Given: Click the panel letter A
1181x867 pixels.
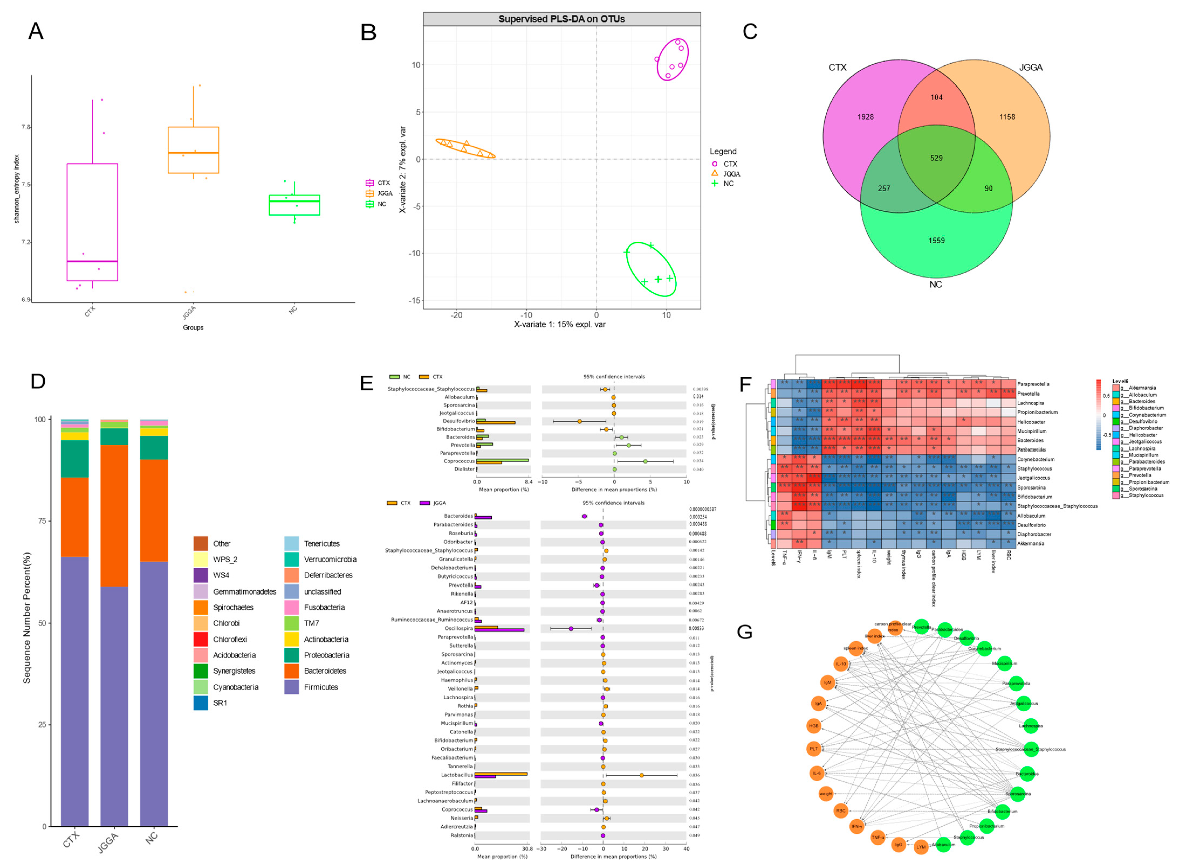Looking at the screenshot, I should click(x=36, y=32).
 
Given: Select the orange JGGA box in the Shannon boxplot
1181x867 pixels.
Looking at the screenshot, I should click(x=193, y=150).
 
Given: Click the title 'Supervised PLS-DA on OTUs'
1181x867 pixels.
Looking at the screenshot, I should click(x=561, y=19).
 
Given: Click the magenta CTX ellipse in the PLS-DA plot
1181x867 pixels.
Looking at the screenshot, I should click(x=672, y=59).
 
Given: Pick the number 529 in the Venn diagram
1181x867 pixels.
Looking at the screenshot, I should click(x=936, y=158).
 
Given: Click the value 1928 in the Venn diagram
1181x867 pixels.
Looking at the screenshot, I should click(x=865, y=117).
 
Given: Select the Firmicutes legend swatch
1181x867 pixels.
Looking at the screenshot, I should click(x=292, y=687).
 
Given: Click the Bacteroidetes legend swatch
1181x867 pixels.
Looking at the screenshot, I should click(x=292, y=671).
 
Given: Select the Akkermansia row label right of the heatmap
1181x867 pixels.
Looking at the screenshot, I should click(x=1031, y=544).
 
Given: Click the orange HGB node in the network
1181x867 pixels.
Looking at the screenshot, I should click(x=813, y=726).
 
